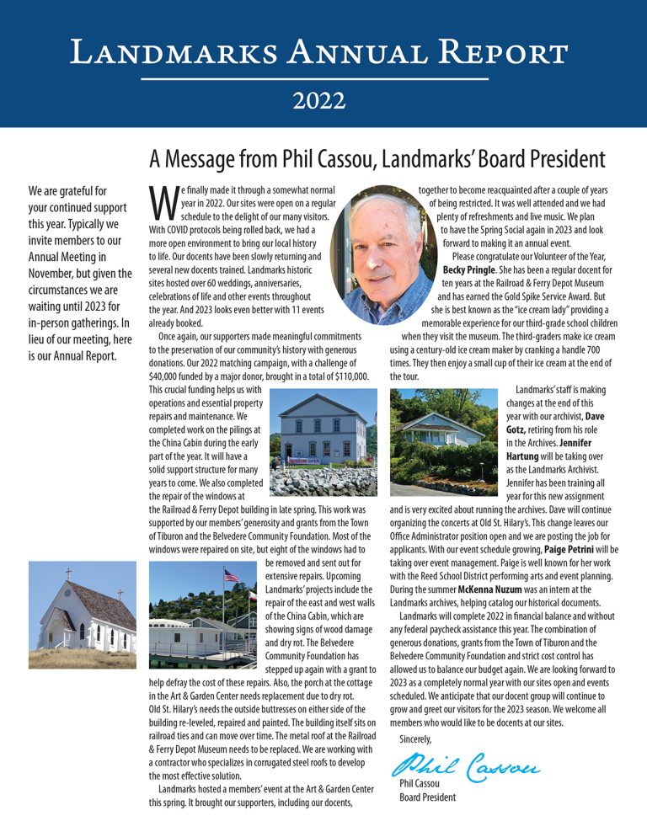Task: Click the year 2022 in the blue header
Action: [x=319, y=102]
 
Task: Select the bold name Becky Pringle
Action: [x=475, y=269]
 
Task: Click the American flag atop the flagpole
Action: [x=230, y=578]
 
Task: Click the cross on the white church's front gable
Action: [x=68, y=573]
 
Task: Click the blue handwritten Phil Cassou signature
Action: [x=464, y=766]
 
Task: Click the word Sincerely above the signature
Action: [x=415, y=738]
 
